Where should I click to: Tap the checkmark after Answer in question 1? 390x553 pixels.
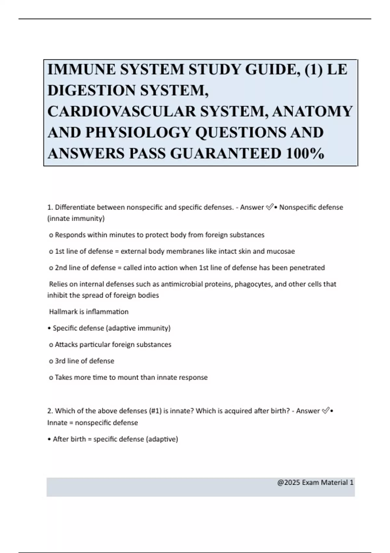coord(269,207)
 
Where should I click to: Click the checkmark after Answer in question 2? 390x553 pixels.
coord(325,411)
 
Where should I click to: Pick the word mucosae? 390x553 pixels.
coord(280,251)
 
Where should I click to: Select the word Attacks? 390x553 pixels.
coord(66,344)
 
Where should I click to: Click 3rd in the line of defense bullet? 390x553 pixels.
coord(60,361)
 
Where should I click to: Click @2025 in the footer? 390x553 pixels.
coord(289,482)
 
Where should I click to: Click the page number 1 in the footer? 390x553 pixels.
coord(351,482)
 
